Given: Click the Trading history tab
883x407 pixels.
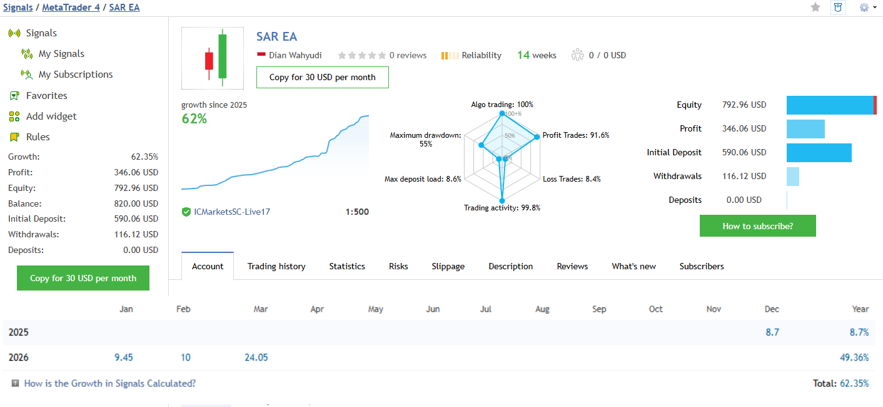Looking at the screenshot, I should coord(276,266).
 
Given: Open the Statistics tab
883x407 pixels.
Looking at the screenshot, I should coord(347,266).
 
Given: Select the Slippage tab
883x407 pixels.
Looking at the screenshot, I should coord(448,266).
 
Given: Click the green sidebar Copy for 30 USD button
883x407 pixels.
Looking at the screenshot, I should coord(83,278).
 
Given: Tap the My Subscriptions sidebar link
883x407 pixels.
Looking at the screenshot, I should coord(76,75).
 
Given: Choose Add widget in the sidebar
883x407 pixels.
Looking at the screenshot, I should coord(51,116).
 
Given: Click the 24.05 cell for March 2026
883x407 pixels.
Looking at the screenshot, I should coord(256,358).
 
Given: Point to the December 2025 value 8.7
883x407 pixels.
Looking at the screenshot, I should coord(772,332).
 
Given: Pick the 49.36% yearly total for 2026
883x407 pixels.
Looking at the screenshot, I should coord(854,358).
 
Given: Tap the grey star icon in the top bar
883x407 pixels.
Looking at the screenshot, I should coord(815,8).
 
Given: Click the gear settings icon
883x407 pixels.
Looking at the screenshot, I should coord(864,8).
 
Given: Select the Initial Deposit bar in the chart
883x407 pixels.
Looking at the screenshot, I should coord(819,153).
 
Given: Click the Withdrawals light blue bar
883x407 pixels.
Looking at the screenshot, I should coord(793,177).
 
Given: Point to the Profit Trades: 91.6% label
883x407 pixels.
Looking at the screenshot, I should coord(575,135).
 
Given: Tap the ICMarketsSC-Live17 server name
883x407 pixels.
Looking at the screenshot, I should coord(232,212).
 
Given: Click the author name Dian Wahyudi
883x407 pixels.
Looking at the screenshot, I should coord(295,55).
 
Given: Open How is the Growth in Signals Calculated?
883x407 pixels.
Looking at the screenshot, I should coord(109,383).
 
